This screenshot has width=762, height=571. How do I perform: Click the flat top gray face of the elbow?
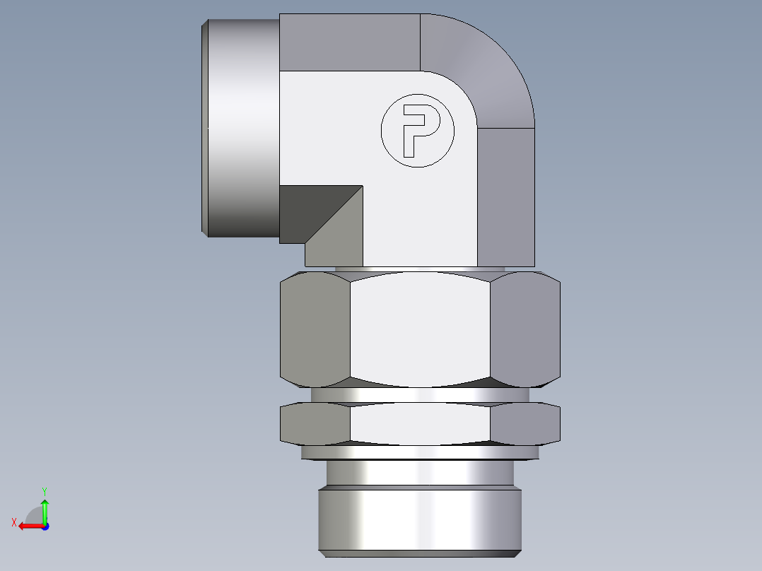coord(349,42)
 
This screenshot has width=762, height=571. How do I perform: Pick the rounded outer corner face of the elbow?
coord(481,64)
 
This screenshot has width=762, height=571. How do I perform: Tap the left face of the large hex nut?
coord(315,331)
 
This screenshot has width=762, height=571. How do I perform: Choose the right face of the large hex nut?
coord(524,331)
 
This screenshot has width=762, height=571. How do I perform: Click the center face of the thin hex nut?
coord(420,423)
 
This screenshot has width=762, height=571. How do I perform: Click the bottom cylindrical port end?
coord(420,519)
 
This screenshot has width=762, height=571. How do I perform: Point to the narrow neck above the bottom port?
coord(420,472)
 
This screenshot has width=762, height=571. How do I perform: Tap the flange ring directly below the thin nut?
coord(420,452)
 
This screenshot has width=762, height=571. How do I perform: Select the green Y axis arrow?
coord(45,507)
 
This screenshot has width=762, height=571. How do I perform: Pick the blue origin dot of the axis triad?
coord(45,526)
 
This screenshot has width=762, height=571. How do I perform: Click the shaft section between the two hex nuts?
coord(420,394)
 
